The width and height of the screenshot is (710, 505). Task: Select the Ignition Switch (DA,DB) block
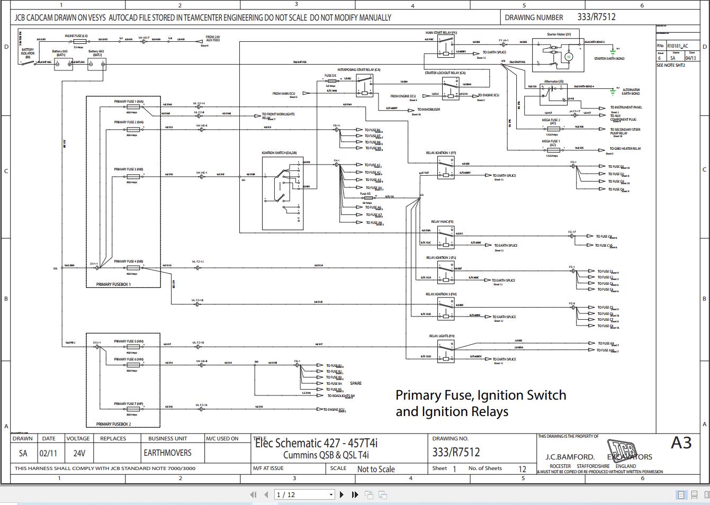(x=283, y=192)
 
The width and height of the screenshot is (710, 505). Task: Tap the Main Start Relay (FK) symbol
(x=445, y=47)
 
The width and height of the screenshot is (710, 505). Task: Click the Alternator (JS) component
(x=553, y=95)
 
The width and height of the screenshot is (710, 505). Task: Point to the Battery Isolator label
(x=28, y=53)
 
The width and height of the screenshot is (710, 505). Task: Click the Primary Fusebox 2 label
(x=113, y=424)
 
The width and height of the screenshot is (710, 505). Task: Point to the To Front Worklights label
(x=278, y=114)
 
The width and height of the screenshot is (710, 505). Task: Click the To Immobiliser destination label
(x=428, y=110)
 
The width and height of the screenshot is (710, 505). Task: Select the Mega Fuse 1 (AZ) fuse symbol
(x=553, y=150)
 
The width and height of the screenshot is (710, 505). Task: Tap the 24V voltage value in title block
(x=79, y=453)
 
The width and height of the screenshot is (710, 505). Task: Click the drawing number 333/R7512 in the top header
(x=596, y=17)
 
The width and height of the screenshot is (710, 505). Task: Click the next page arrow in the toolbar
(x=341, y=495)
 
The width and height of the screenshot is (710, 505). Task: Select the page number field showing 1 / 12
(x=304, y=495)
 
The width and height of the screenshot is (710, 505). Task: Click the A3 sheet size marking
(x=681, y=443)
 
